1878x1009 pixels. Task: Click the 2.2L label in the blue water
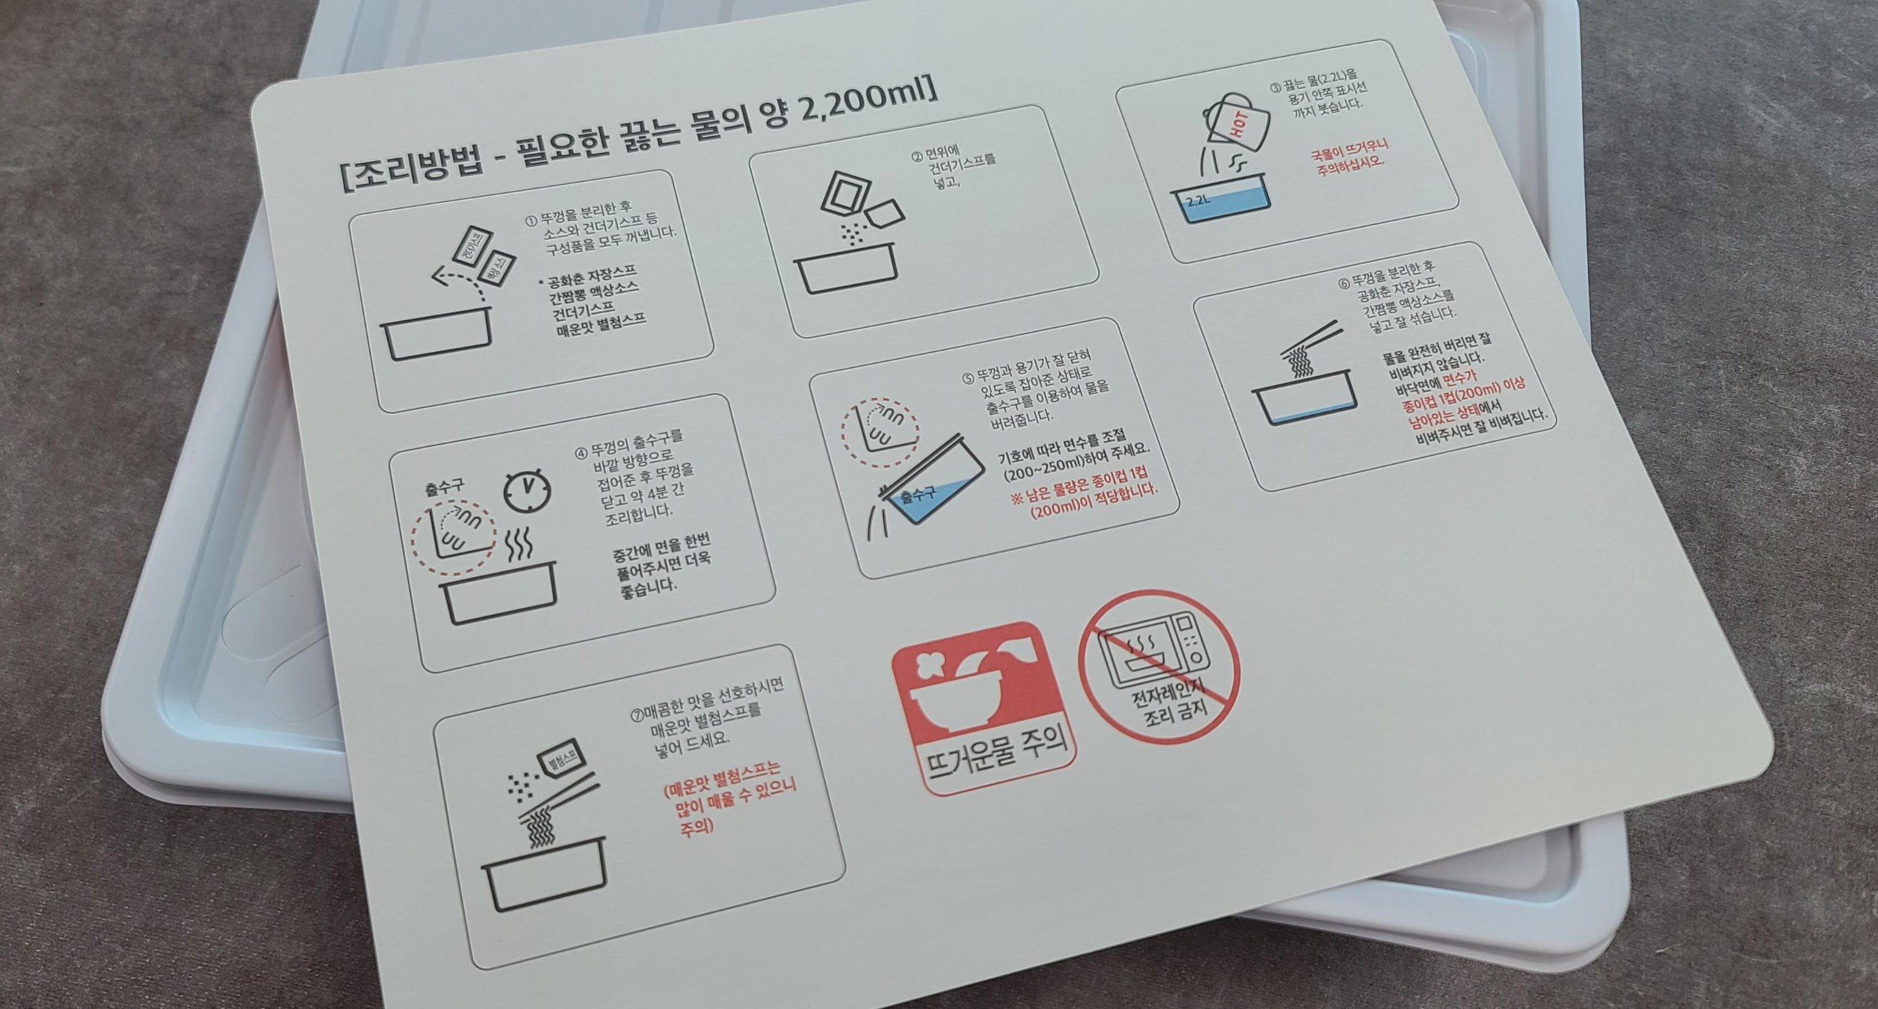pyautogui.click(x=1198, y=200)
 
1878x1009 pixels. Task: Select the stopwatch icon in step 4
pyautogui.click(x=527, y=491)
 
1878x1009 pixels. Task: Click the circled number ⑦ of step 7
pyautogui.click(x=637, y=715)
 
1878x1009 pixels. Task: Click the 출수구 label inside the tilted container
pyautogui.click(x=918, y=494)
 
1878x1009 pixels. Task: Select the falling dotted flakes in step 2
pyautogui.click(x=851, y=234)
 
